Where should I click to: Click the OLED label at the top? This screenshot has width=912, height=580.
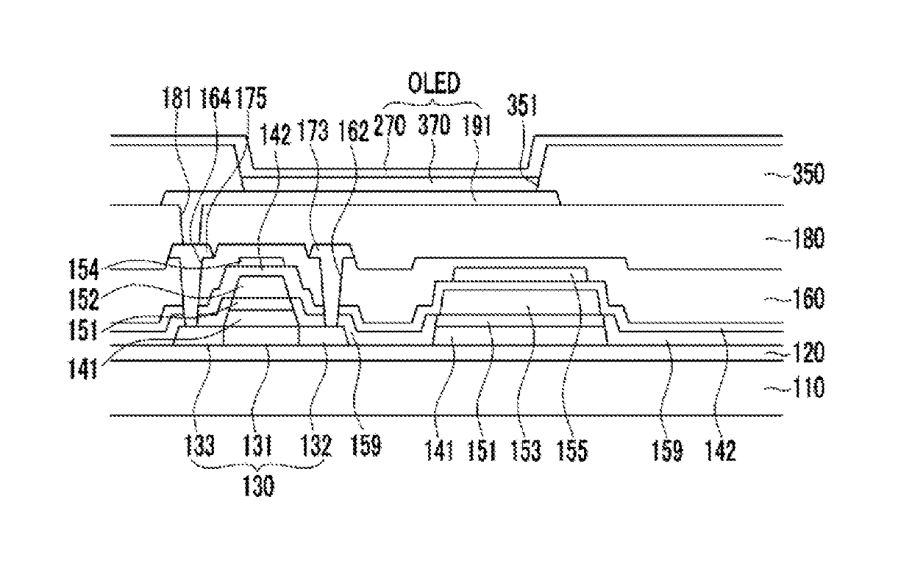[x=434, y=83]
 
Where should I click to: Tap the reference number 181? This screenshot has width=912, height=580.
[x=177, y=98]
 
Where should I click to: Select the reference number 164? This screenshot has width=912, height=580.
[x=215, y=98]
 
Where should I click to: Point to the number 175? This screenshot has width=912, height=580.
[x=252, y=98]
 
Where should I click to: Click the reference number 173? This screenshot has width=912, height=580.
[x=313, y=130]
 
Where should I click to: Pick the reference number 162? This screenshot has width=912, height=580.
[x=353, y=131]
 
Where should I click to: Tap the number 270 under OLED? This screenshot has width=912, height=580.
[x=390, y=125]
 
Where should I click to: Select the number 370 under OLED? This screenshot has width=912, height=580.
[x=434, y=124]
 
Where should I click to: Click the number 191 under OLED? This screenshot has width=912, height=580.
[x=477, y=125]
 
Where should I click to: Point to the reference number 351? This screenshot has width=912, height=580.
[x=522, y=105]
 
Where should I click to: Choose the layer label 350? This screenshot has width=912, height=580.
[x=808, y=173]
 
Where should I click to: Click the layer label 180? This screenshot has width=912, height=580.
[x=808, y=238]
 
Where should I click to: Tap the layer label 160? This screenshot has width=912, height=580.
[x=808, y=298]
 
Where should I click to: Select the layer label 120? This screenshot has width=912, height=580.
[x=808, y=352]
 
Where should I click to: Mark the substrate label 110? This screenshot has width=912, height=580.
[x=808, y=387]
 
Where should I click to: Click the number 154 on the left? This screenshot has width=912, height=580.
[x=83, y=270]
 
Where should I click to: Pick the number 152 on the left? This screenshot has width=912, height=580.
[x=83, y=300]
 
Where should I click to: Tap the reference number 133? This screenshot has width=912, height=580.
[x=199, y=445]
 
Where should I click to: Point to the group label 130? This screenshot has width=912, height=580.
[x=259, y=486]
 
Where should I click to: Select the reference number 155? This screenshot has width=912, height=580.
[x=572, y=451]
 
